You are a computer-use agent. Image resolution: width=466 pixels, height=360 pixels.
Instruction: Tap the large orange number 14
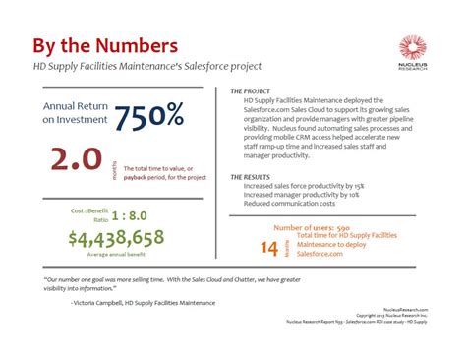pyautogui.click(x=269, y=248)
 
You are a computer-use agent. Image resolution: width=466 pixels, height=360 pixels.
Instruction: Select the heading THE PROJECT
pyautogui.click(x=252, y=90)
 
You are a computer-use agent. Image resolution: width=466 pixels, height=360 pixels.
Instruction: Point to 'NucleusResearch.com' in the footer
pyautogui.click(x=406, y=308)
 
